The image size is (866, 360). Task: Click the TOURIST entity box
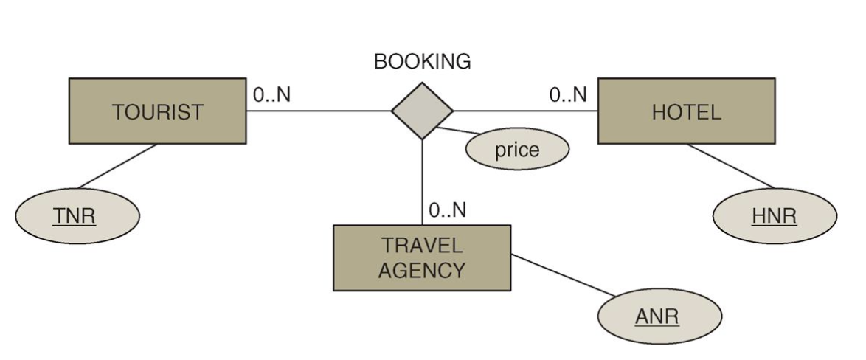click(157, 111)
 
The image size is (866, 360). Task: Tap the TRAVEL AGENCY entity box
click(422, 257)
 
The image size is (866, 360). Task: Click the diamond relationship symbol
click(422, 111)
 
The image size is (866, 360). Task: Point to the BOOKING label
click(422, 63)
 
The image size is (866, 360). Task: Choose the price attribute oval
click(517, 150)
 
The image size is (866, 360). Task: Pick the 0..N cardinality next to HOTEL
click(568, 95)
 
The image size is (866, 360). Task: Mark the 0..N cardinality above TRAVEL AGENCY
click(447, 210)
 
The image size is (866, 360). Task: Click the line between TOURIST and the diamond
click(317, 112)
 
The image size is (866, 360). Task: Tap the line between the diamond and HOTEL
click(524, 112)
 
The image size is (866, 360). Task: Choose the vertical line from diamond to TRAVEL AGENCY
click(422, 181)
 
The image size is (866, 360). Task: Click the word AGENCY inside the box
click(422, 270)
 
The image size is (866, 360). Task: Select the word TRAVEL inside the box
click(422, 245)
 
